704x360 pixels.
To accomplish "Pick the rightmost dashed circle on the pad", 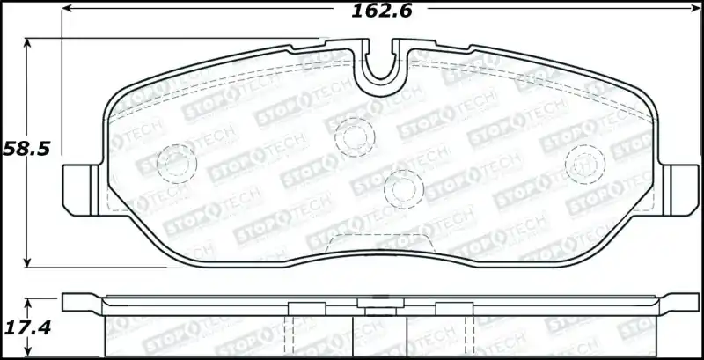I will [583, 161].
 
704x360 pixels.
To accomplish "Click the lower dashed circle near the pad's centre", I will [402, 187].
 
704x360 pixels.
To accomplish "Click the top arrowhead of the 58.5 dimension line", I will [29, 42].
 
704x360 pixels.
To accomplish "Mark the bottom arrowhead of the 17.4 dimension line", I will [29, 354].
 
